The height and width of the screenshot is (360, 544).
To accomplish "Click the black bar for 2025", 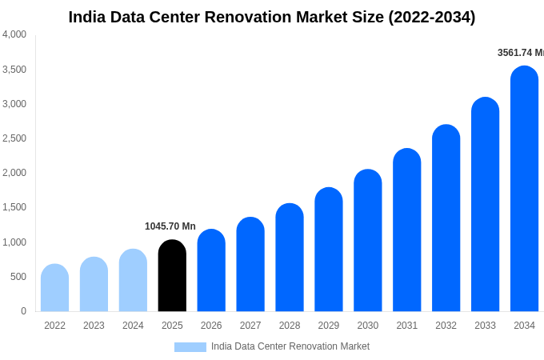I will coord(172,276).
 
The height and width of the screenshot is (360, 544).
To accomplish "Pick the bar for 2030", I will coord(368,241).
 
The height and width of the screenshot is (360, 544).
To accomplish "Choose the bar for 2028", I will coord(290,258).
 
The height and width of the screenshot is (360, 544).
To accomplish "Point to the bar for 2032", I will coord(446,218).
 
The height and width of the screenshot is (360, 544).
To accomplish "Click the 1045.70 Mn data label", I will coord(170,226).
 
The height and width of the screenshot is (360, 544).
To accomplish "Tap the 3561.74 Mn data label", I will coord(520,53).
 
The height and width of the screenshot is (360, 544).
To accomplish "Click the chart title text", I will coord(271,17).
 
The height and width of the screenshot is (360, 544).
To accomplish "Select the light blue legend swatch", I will coord(190,347).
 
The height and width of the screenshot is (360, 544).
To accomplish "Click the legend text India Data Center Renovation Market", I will coord(290,346).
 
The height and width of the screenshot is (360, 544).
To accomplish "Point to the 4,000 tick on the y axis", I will coord(14,34).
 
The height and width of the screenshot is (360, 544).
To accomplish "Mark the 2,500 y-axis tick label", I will coord(14,138).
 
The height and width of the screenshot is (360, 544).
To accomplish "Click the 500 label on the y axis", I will coord(18,277).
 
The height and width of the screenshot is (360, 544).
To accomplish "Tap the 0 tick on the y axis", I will coord(23,311).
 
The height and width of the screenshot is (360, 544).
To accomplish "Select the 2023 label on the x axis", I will coord(94,326).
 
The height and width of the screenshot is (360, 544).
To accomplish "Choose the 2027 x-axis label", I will coord(250,326).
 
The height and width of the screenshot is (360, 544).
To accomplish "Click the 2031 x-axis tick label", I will coord(406,326).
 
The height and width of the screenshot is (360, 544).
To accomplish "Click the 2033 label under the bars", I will coord(485,326).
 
